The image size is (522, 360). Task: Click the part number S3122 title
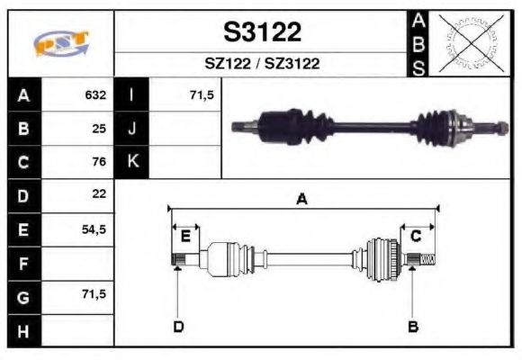click(262, 32)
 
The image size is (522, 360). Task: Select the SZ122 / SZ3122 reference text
click(262, 64)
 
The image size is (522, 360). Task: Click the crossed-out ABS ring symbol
click(469, 43)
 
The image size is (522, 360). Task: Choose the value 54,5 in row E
click(94, 229)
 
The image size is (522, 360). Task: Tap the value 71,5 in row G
click(94, 294)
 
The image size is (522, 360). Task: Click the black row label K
click(131, 162)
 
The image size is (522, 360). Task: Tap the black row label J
click(131, 128)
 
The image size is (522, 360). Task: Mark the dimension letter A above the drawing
click(302, 200)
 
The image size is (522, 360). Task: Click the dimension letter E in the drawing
click(185, 237)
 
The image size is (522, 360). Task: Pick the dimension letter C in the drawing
click(417, 237)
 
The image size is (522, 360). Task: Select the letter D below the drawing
click(178, 326)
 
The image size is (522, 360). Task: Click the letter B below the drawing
click(413, 326)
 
